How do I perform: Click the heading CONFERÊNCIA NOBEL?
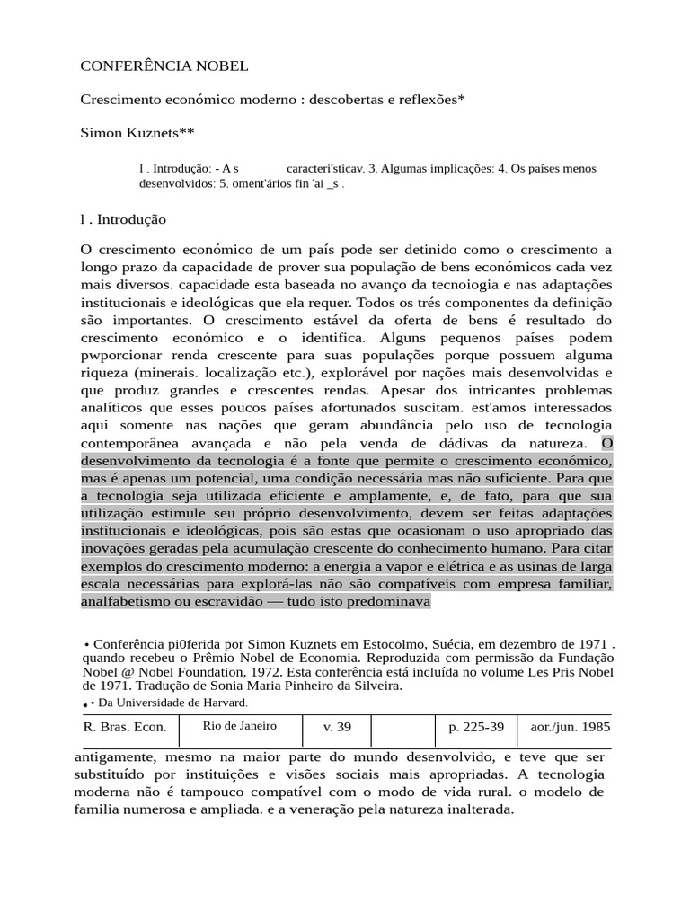pos(164,66)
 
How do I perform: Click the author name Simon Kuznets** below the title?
pos(137,133)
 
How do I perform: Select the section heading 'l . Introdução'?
pos(123,219)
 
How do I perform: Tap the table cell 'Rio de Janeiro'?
pos(239,726)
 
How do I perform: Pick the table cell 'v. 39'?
pos(337,727)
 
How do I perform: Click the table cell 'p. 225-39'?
pos(475,727)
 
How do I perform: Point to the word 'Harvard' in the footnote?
pos(221,703)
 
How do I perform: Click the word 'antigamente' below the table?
pos(114,756)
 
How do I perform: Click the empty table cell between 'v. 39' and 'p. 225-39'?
pos(402,727)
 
